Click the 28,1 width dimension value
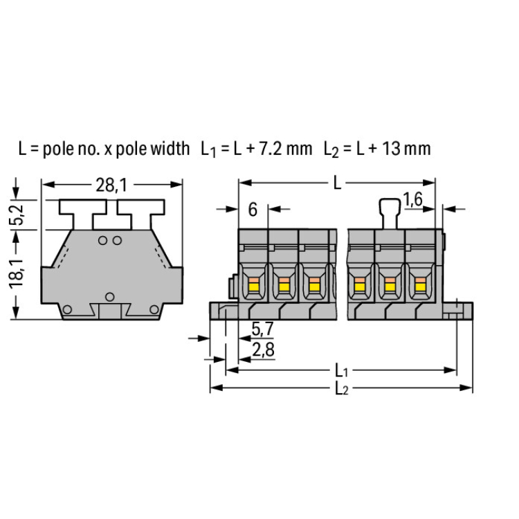pyautogui.click(x=111, y=185)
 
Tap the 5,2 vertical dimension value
pyautogui.click(x=16, y=215)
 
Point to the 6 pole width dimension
pyautogui.click(x=253, y=210)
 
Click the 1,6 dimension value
pyautogui.click(x=412, y=199)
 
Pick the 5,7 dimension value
pyautogui.click(x=262, y=329)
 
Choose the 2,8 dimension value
pyautogui.click(x=264, y=349)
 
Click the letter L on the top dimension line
pyautogui.click(x=337, y=183)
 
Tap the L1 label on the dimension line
pyautogui.click(x=341, y=371)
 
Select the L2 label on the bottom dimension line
pyautogui.click(x=342, y=389)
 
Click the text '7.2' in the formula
pyautogui.click(x=270, y=149)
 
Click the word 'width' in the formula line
pyautogui.click(x=170, y=148)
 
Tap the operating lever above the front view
pyautogui.click(x=390, y=214)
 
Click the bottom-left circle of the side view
pyautogui.click(x=67, y=309)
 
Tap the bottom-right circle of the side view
pyautogui.click(x=154, y=309)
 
